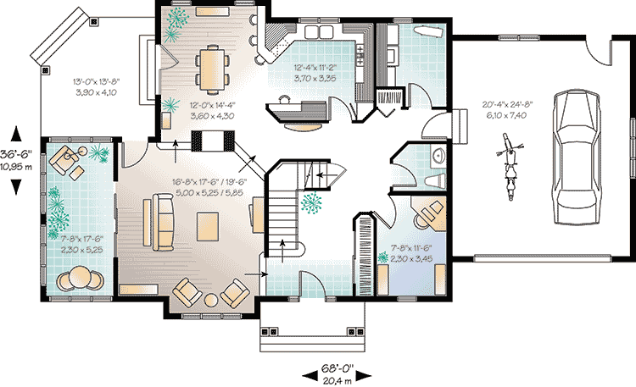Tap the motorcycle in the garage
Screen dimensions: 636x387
510,167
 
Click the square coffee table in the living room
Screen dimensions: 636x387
208,227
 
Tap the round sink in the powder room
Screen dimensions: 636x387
438,155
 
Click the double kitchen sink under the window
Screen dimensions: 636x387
319,31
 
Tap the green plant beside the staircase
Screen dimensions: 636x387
311,202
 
